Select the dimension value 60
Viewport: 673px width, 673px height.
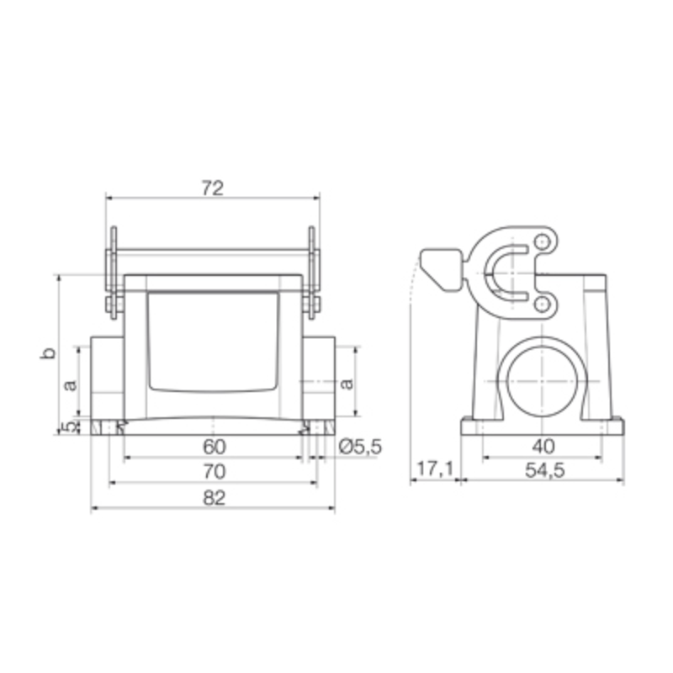[214, 447]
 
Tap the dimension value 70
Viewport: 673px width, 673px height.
[214, 472]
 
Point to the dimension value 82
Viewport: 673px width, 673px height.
[214, 498]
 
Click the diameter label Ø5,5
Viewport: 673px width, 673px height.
[359, 447]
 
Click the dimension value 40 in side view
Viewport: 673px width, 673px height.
[543, 447]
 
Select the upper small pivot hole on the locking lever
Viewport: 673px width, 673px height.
[542, 243]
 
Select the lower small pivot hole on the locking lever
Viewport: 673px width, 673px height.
[543, 303]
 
